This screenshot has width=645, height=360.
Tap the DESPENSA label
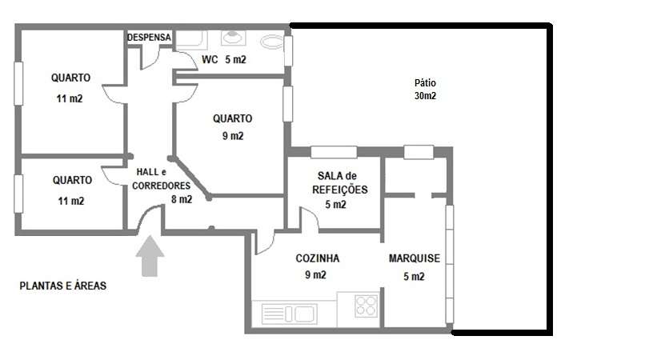tap(150, 38)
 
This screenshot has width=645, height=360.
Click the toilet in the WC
tap(272, 42)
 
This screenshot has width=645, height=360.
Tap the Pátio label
tap(425, 83)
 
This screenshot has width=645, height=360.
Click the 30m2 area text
tap(425, 96)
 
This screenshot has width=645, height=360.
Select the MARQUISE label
tap(414, 258)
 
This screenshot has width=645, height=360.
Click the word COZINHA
tap(318, 258)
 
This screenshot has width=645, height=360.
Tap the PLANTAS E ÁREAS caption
tap(63, 285)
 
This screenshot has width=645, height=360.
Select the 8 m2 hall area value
tap(182, 199)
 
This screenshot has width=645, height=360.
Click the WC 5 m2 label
tap(225, 60)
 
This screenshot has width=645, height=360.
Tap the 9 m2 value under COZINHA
tap(316, 275)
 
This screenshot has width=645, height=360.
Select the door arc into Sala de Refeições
tap(307, 217)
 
